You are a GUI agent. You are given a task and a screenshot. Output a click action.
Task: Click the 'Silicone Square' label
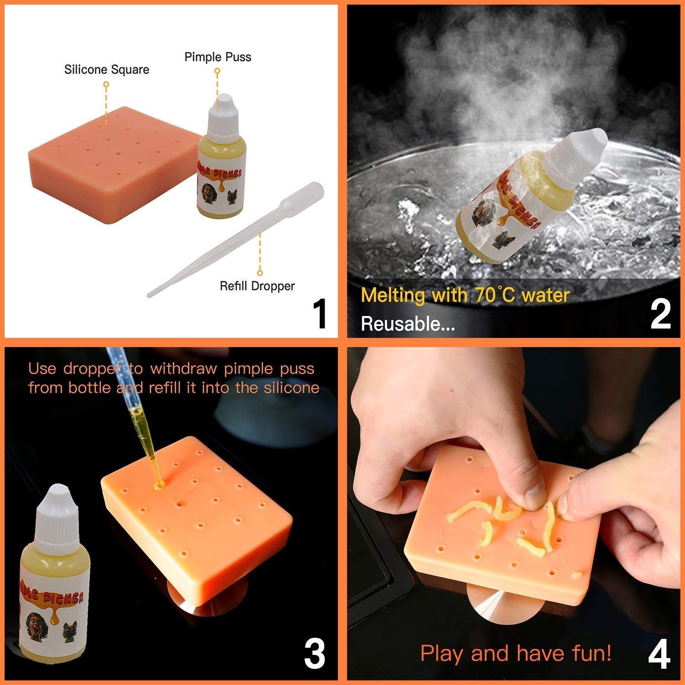(x=106, y=69)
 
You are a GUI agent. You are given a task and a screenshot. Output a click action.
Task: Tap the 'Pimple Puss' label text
(x=218, y=57)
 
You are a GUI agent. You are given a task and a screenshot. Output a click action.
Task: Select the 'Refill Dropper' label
(x=257, y=286)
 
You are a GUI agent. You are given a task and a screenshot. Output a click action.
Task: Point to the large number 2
(x=660, y=315)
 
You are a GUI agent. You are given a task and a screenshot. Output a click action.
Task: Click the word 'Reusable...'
(x=407, y=324)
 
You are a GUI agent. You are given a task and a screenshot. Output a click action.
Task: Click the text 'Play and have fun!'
(x=515, y=653)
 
